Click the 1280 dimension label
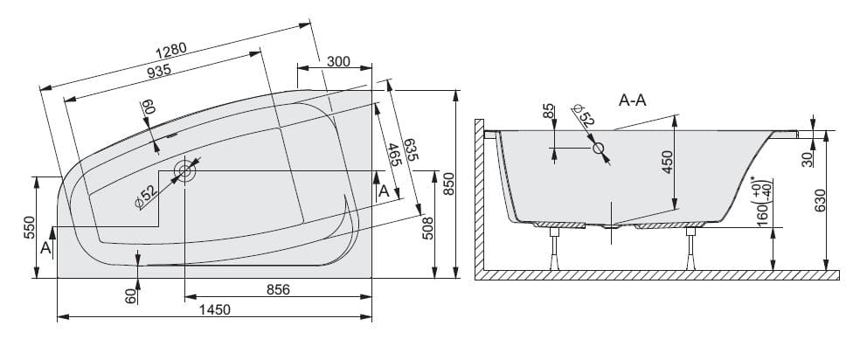[x=171, y=51]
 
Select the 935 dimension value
[x=159, y=71]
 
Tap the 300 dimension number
[x=338, y=61]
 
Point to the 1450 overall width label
[x=214, y=310]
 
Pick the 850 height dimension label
[x=449, y=184]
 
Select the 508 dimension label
[x=428, y=228]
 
